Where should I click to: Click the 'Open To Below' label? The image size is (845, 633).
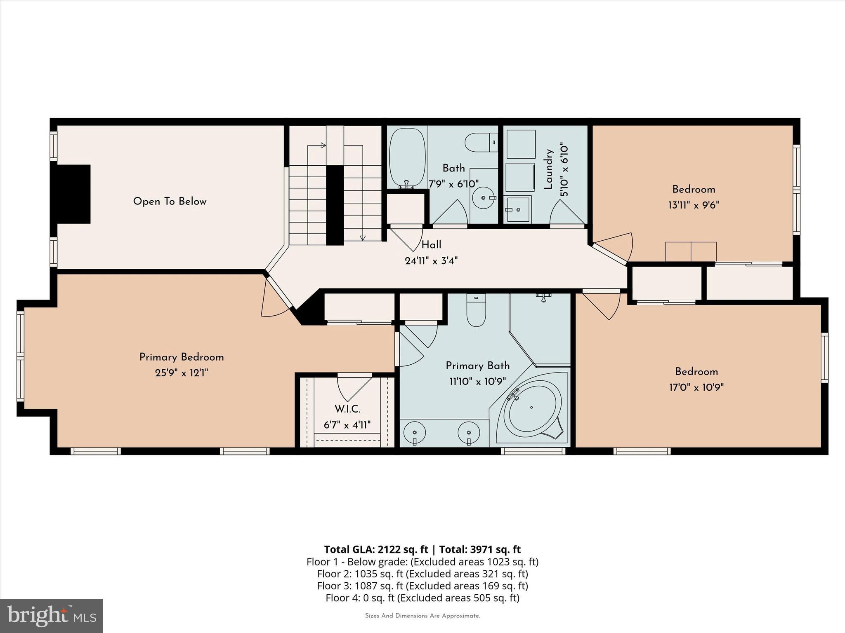click(x=170, y=202)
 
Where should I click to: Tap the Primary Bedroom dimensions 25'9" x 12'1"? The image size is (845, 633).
click(x=182, y=373)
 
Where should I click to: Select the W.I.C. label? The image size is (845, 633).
click(x=347, y=409)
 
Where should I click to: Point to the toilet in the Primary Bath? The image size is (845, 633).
click(x=476, y=311)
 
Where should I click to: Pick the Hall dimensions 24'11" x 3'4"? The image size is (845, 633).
click(x=431, y=261)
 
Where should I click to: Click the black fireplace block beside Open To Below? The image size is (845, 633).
click(x=73, y=194)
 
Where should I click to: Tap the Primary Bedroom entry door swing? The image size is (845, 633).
click(x=274, y=299)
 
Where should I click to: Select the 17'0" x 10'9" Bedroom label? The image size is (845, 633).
click(x=696, y=372)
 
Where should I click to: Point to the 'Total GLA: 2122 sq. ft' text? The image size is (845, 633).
click(x=376, y=549)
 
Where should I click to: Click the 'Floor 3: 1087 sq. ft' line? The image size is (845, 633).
click(x=422, y=586)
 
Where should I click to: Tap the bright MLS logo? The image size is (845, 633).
click(x=52, y=616)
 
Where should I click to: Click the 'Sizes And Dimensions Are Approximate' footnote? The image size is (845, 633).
click(x=422, y=616)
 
